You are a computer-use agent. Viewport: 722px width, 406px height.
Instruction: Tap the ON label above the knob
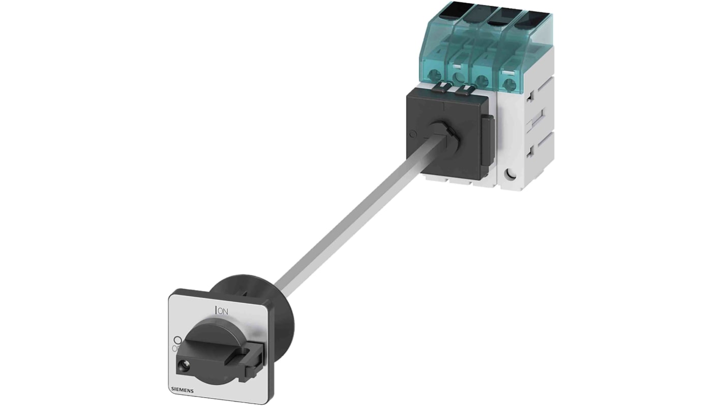point(222,309)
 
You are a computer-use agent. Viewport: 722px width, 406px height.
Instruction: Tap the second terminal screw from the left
point(460,77)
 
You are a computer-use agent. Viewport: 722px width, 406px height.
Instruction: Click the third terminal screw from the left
point(482,80)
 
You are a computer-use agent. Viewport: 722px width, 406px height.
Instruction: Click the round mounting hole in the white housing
point(511,176)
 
